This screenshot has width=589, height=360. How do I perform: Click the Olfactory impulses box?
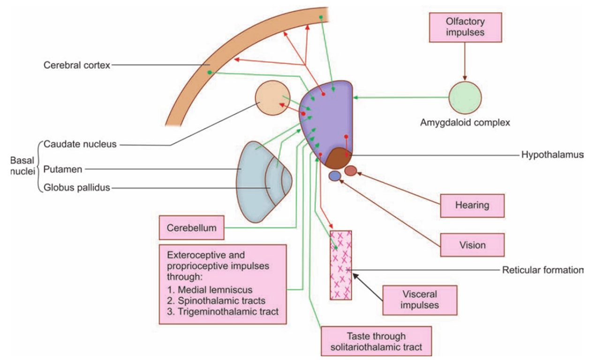(465, 27)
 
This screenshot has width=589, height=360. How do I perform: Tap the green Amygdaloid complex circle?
(465, 97)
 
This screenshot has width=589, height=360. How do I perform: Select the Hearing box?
(472, 205)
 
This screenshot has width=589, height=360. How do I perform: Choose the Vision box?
(472, 245)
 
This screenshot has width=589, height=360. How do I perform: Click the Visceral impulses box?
(419, 300)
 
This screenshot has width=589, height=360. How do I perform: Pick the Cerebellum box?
(192, 228)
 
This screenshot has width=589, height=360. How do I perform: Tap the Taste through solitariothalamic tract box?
(376, 342)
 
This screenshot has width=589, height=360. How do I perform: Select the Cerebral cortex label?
(76, 66)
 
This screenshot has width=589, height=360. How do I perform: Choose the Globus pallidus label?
(76, 188)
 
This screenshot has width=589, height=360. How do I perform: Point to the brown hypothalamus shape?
(339, 159)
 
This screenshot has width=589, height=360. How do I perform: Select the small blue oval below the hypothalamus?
(334, 176)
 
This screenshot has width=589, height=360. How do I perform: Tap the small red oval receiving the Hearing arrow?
(351, 171)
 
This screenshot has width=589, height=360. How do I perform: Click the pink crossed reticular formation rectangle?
(341, 265)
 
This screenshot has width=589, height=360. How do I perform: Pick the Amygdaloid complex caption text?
(465, 123)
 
